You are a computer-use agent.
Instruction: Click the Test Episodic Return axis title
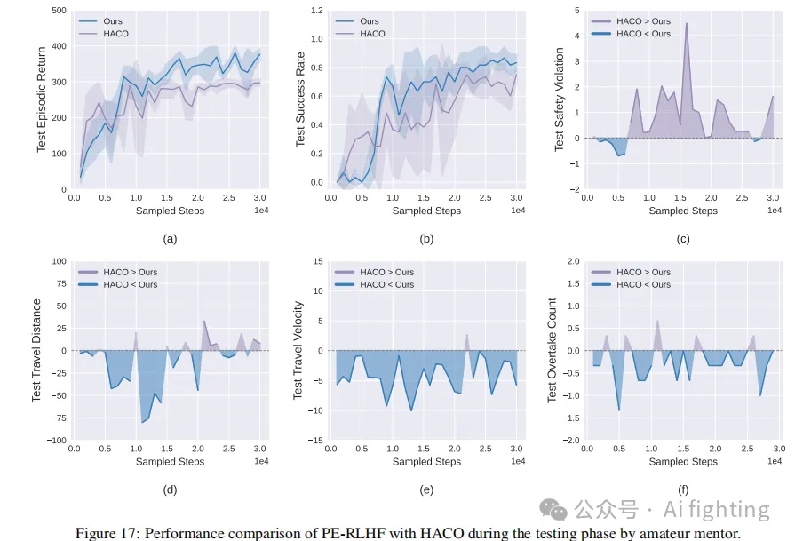(41, 99)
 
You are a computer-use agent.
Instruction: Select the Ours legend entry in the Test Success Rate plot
(369, 21)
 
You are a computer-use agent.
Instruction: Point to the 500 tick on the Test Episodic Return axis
(58, 11)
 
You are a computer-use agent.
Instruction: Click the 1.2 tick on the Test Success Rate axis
(314, 11)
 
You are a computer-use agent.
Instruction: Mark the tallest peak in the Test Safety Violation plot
(686, 23)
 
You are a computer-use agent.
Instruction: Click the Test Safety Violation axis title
(559, 99)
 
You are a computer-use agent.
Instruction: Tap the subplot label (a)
(170, 238)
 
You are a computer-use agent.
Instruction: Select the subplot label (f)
(683, 489)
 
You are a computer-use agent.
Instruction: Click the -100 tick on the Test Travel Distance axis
(56, 441)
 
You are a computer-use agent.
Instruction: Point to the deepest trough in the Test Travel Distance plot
(143, 423)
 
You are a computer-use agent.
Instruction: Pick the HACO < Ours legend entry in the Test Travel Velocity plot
(386, 284)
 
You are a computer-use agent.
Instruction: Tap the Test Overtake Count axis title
(553, 350)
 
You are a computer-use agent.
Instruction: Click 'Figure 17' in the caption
(104, 532)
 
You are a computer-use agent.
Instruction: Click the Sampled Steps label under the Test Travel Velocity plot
(426, 462)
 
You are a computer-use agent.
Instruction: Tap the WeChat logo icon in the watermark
(556, 509)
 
